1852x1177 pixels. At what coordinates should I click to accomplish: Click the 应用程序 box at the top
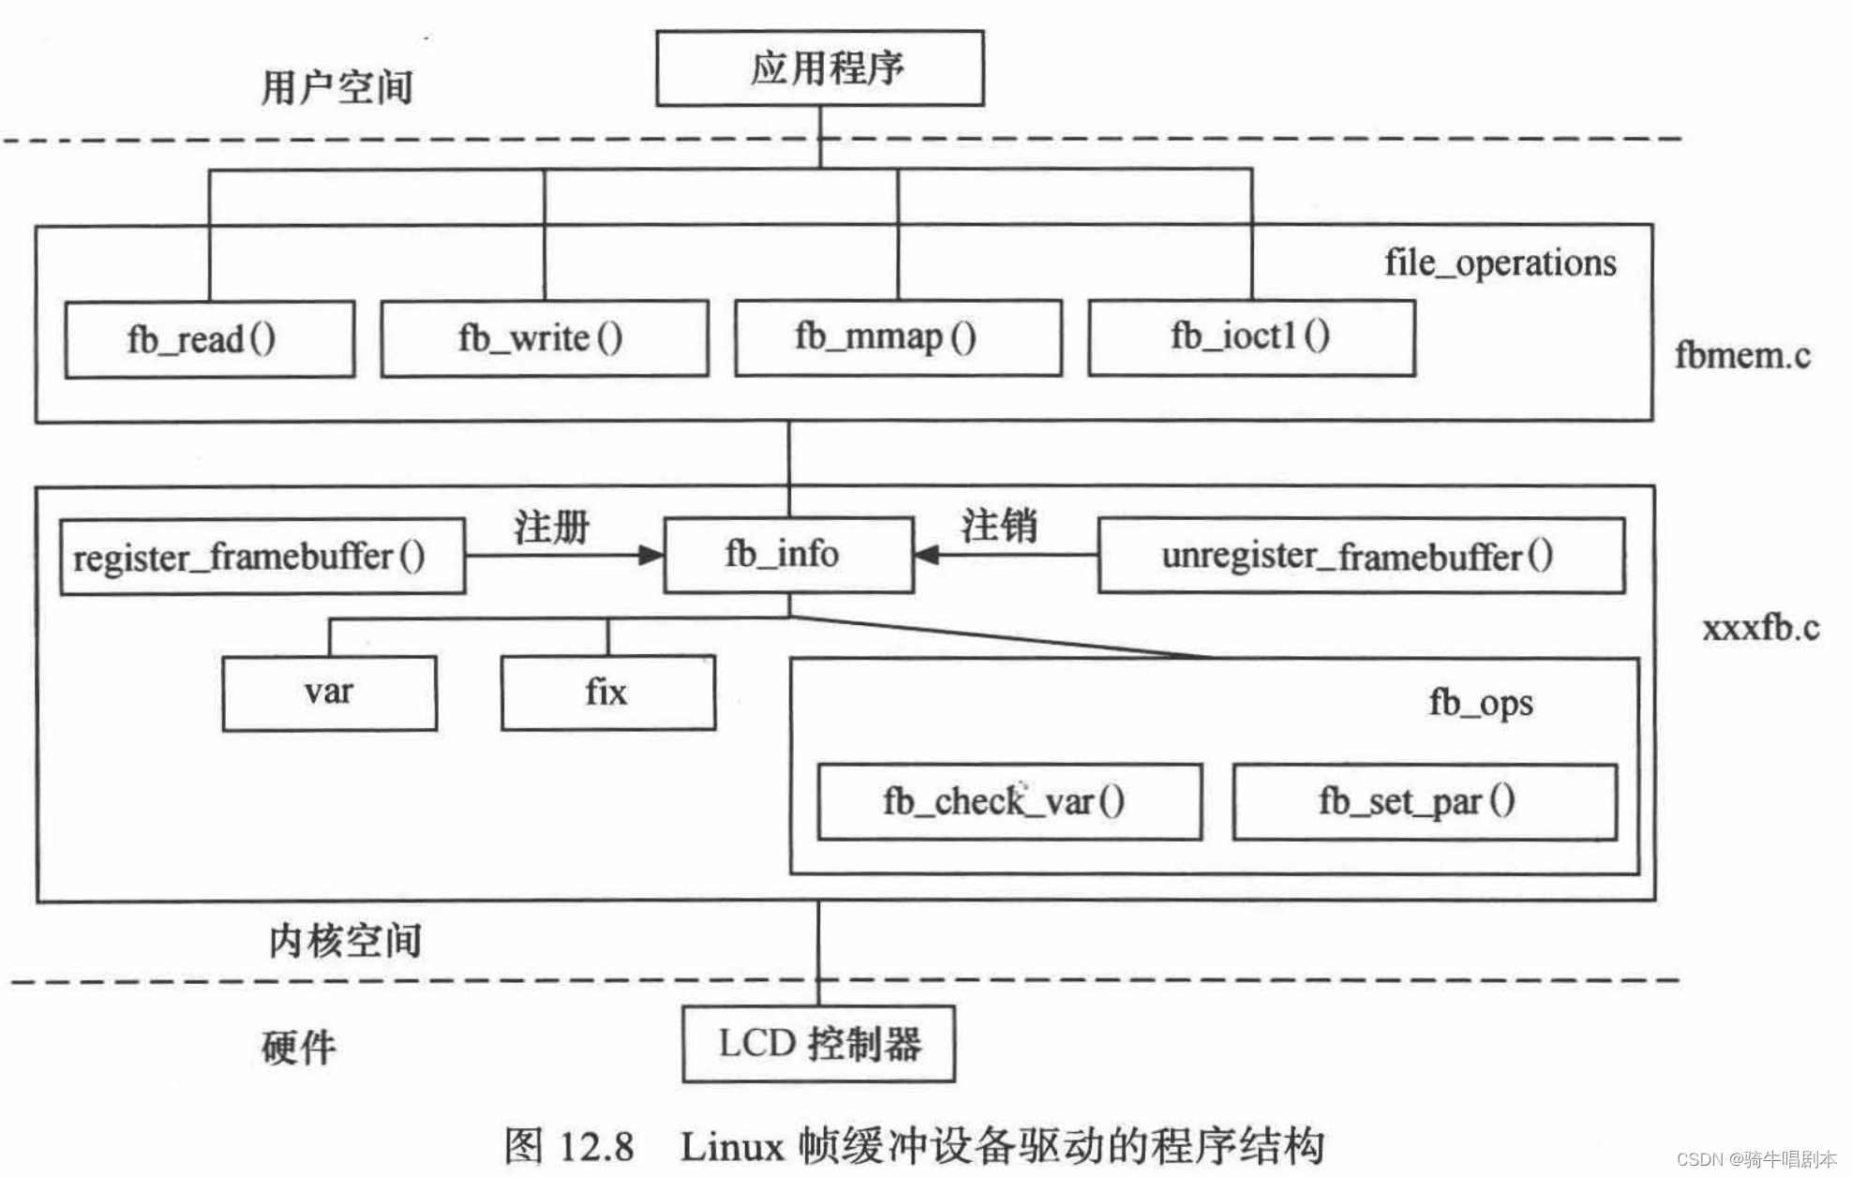tap(819, 68)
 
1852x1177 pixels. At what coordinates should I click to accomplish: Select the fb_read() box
tap(209, 339)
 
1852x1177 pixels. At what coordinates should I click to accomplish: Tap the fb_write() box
tap(544, 338)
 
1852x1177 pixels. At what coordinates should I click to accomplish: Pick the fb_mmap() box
tap(897, 337)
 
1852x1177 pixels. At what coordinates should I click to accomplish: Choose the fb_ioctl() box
tap(1250, 337)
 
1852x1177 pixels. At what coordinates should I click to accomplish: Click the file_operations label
tap(1500, 263)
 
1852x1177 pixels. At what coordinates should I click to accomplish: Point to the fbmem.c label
tap(1741, 356)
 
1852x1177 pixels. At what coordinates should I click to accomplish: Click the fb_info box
tap(787, 555)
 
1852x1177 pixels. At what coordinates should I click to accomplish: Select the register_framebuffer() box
tap(261, 557)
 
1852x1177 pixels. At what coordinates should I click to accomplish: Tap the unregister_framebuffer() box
tap(1360, 556)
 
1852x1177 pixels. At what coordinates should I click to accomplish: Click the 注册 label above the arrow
tap(551, 527)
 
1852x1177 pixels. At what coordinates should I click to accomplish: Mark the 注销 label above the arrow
tap(999, 525)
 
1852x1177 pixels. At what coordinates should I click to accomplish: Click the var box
tap(329, 693)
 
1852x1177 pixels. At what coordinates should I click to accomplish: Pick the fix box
tap(607, 693)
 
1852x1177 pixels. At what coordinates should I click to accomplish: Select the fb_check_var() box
tap(1008, 802)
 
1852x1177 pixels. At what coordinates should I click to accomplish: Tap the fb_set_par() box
tap(1424, 802)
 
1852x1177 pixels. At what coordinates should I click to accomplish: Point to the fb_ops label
tap(1480, 703)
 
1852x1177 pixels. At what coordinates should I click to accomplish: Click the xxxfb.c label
tap(1760, 628)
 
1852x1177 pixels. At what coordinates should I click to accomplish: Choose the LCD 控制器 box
tap(818, 1044)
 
